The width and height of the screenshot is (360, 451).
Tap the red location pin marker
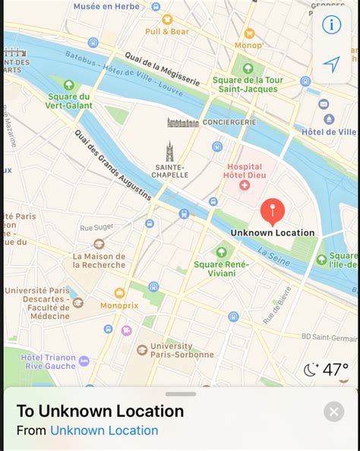click(x=272, y=210)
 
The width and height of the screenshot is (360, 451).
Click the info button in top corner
click(x=332, y=25)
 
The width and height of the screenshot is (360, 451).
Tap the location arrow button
click(x=332, y=65)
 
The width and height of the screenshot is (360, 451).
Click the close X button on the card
click(x=333, y=412)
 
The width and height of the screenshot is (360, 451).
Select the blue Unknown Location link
click(x=104, y=430)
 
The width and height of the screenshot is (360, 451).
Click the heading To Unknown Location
click(x=100, y=412)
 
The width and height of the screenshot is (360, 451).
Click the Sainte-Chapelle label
click(x=170, y=171)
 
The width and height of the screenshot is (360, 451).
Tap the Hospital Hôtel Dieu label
click(x=244, y=169)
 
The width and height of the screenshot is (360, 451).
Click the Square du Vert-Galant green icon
click(x=69, y=85)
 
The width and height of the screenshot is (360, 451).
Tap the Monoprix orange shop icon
click(x=119, y=293)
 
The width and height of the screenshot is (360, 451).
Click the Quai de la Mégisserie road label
click(x=162, y=69)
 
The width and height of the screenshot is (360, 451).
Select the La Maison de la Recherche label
click(x=99, y=260)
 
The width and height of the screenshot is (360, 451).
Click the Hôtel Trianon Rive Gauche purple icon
click(x=84, y=361)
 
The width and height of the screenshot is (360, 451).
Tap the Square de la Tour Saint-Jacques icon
click(x=248, y=68)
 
